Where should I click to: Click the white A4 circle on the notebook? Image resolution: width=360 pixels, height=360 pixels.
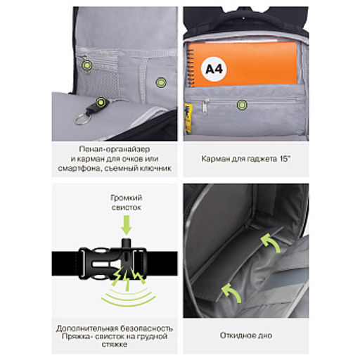[x=214, y=69]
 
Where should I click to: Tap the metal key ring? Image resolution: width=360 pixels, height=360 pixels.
[x=82, y=119]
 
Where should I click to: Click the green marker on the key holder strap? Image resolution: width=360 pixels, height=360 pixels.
[x=101, y=103]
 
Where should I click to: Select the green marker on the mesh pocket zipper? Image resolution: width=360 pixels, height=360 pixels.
[x=86, y=65]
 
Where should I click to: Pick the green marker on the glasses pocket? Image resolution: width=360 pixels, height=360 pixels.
[x=161, y=82]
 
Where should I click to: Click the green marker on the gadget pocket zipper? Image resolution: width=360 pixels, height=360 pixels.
[x=242, y=105]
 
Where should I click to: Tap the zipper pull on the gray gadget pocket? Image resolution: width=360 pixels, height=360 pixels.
[x=205, y=106]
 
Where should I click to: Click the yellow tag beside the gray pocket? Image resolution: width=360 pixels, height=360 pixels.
[x=188, y=117]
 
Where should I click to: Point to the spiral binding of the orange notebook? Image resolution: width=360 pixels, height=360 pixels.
[x=191, y=66]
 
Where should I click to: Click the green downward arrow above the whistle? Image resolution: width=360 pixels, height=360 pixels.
[x=127, y=225]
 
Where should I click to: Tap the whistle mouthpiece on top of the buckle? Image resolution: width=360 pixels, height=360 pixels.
[x=127, y=243]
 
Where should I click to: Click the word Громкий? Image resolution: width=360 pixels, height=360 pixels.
[x=127, y=198]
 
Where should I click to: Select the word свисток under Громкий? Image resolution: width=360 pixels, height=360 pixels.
[x=127, y=207]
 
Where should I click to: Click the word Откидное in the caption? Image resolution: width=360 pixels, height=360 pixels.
[x=236, y=335]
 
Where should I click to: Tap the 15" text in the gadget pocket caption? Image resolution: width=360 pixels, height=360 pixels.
[x=285, y=159]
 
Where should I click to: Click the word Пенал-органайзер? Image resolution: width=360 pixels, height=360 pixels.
[x=115, y=149]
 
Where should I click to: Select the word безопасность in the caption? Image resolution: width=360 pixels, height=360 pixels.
[x=146, y=328]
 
